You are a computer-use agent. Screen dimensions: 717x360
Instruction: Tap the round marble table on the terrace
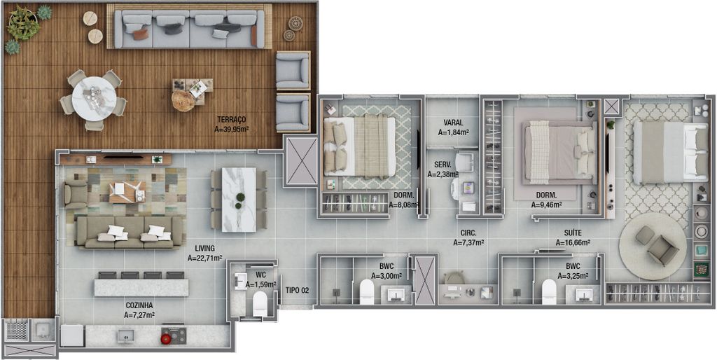(95, 99)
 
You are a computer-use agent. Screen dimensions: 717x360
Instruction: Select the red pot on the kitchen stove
(166, 338)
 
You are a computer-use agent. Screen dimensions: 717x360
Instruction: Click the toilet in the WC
(260, 303)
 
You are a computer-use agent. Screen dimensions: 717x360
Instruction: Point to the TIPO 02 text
(297, 290)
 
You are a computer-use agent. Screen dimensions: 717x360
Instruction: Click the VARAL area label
(453, 123)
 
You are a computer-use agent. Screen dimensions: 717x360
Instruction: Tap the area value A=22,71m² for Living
(205, 258)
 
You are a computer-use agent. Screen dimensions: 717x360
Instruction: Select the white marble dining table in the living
(239, 200)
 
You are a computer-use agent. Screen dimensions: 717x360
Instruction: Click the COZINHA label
(139, 305)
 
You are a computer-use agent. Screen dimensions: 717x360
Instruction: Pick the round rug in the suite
(653, 246)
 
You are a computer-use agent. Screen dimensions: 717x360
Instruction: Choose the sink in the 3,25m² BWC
(583, 294)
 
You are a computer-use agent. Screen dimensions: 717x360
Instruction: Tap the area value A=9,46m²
(546, 205)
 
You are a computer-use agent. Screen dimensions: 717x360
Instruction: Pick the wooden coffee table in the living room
(127, 192)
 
